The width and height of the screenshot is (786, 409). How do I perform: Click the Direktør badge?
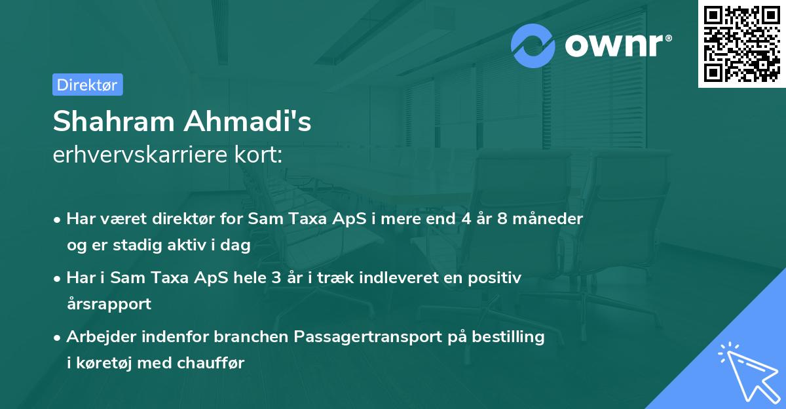(87, 85)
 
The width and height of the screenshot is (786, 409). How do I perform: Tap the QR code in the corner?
(742, 44)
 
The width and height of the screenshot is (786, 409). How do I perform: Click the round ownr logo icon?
(533, 46)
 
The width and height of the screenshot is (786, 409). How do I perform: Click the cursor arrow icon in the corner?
(746, 372)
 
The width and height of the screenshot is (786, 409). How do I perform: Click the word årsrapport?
(109, 303)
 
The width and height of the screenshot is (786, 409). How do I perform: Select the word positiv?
(496, 277)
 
